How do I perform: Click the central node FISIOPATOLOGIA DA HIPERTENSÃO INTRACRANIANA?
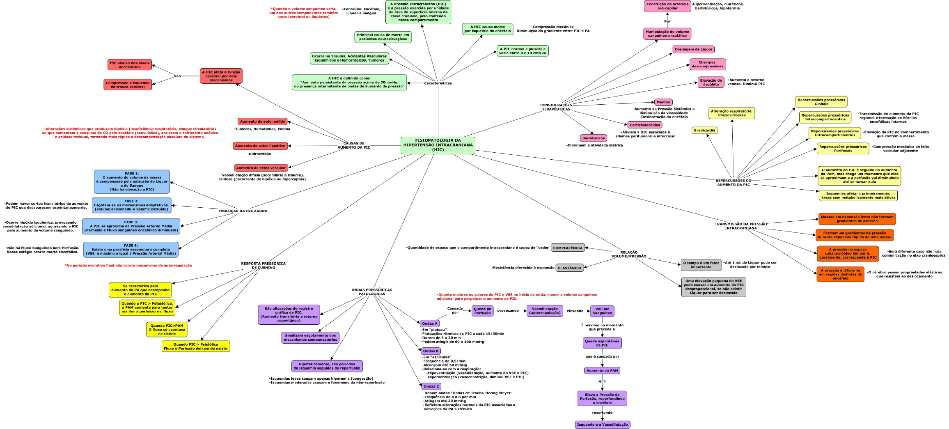pos(438,145)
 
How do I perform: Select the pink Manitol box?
pos(663,102)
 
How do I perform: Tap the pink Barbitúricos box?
pos(593,138)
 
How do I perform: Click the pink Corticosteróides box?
pos(644,125)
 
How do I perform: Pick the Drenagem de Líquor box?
pos(693,49)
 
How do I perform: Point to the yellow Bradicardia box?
pos(704,131)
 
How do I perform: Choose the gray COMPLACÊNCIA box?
pos(567,248)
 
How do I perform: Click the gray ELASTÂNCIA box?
pos(569,268)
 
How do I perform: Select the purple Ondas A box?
pos(429,323)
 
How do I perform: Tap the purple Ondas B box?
pos(431,351)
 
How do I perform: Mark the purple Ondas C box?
pos(431,386)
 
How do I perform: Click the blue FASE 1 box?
pos(132,181)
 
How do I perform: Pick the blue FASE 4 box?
pos(131,250)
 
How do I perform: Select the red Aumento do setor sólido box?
pos(262,122)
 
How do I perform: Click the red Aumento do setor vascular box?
pos(261,168)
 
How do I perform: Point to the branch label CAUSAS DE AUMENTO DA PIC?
pos(353,145)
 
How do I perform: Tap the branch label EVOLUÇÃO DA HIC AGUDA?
pos(243,211)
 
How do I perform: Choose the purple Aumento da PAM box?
pos(602,371)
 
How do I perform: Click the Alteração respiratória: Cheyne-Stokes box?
pos(731,113)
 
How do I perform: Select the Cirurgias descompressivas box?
pos(707,64)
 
